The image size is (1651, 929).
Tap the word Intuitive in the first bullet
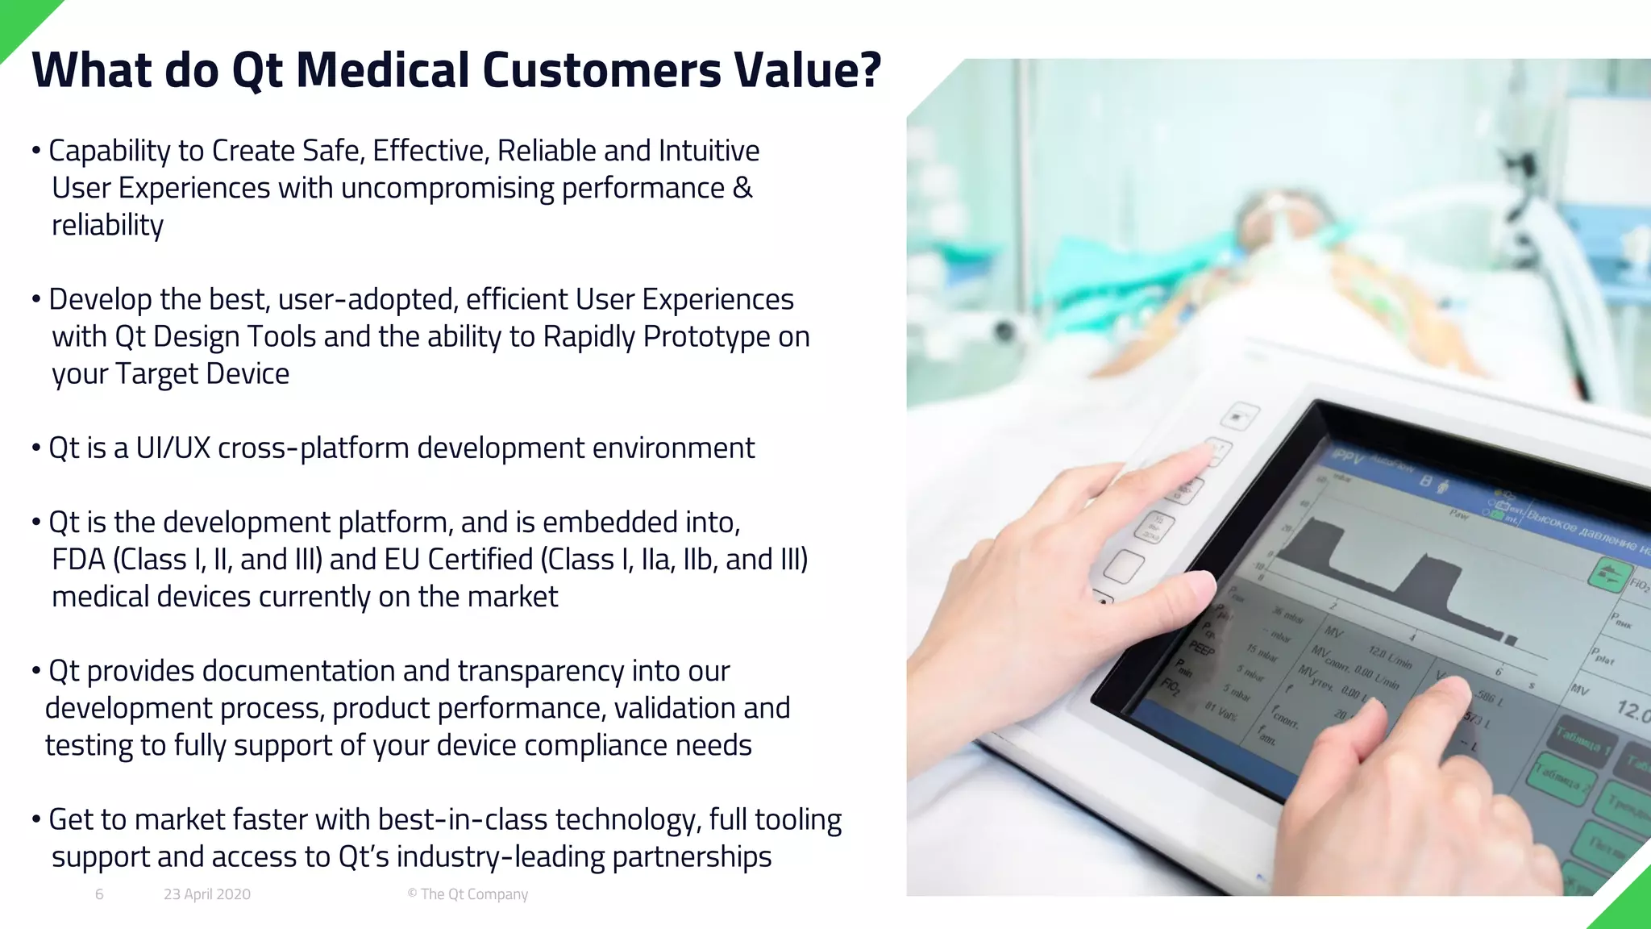(709, 151)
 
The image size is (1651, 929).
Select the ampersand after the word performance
(742, 188)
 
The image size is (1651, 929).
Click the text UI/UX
(173, 448)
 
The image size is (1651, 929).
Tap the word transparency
(542, 671)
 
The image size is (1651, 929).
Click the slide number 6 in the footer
(99, 894)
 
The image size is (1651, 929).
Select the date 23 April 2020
(207, 894)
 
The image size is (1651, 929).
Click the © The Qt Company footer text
(468, 894)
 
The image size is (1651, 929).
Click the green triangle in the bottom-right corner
(1628, 907)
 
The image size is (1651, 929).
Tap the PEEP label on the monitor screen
(1201, 648)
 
